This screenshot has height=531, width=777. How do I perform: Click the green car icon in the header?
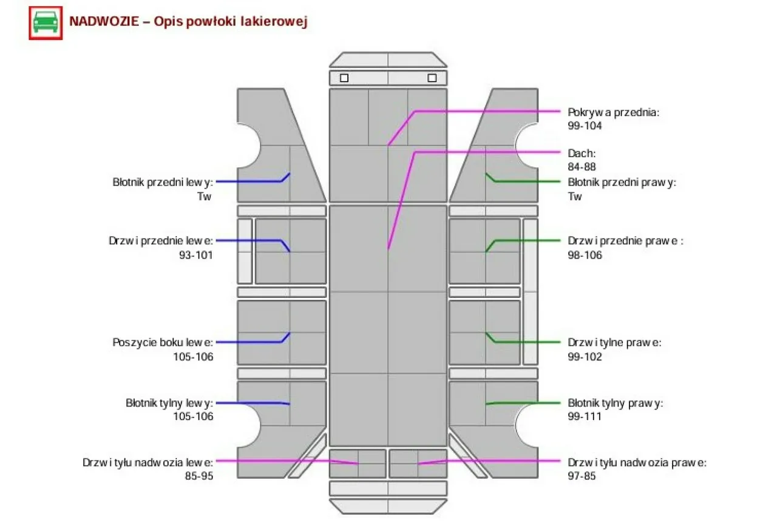(x=46, y=23)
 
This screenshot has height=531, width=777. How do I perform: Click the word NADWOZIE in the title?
(x=104, y=21)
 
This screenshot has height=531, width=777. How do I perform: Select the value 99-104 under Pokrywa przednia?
(x=585, y=126)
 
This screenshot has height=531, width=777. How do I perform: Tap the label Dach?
(x=582, y=153)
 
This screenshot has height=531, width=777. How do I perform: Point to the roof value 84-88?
(x=582, y=167)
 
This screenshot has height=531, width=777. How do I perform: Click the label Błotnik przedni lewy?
(x=163, y=182)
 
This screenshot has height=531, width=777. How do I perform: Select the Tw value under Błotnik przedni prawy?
(x=575, y=196)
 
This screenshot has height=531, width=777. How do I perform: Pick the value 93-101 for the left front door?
(x=195, y=255)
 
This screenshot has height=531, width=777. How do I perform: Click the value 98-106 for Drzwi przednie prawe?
(x=585, y=255)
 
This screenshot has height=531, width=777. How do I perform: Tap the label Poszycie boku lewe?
(x=163, y=342)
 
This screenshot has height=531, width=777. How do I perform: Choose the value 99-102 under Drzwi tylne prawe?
(x=585, y=357)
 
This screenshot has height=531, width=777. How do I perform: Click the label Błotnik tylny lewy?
(x=169, y=403)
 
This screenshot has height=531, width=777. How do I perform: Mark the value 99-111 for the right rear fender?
(x=585, y=416)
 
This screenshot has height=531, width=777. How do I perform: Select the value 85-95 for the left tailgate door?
(x=198, y=476)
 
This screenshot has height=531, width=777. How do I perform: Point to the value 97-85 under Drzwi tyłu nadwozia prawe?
(x=582, y=476)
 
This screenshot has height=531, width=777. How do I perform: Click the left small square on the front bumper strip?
(x=344, y=78)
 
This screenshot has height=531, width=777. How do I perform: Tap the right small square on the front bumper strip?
(x=432, y=78)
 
